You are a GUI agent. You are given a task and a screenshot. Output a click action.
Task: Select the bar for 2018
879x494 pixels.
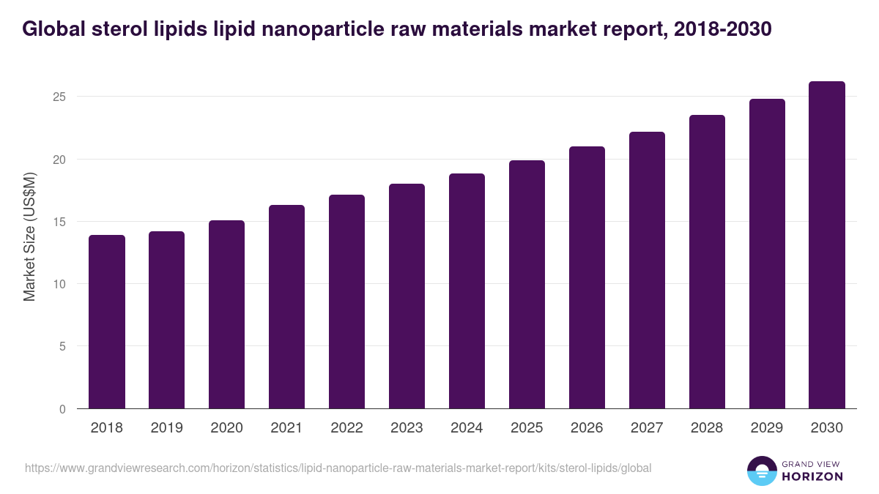(107, 322)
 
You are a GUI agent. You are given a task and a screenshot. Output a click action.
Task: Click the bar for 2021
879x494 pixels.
(286, 307)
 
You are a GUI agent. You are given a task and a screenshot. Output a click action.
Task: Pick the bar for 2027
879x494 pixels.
(647, 271)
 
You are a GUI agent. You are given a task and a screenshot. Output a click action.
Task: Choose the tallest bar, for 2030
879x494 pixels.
(827, 245)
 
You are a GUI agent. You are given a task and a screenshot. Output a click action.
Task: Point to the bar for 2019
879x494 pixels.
(166, 320)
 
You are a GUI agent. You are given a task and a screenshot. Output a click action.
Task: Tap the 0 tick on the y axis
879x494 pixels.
(62, 409)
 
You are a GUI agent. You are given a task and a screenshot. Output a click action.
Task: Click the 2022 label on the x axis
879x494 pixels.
(346, 428)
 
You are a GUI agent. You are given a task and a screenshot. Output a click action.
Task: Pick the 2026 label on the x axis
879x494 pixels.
(587, 428)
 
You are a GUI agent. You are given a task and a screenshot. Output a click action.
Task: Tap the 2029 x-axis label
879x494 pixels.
(767, 428)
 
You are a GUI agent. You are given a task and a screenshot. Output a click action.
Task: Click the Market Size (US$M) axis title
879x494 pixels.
(29, 236)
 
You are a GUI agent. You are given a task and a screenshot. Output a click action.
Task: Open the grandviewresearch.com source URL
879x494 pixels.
(338, 468)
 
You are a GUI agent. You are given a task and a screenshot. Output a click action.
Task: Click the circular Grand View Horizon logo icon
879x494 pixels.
(761, 471)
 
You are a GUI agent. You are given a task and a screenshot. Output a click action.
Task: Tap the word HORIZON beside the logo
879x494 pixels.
(813, 476)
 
